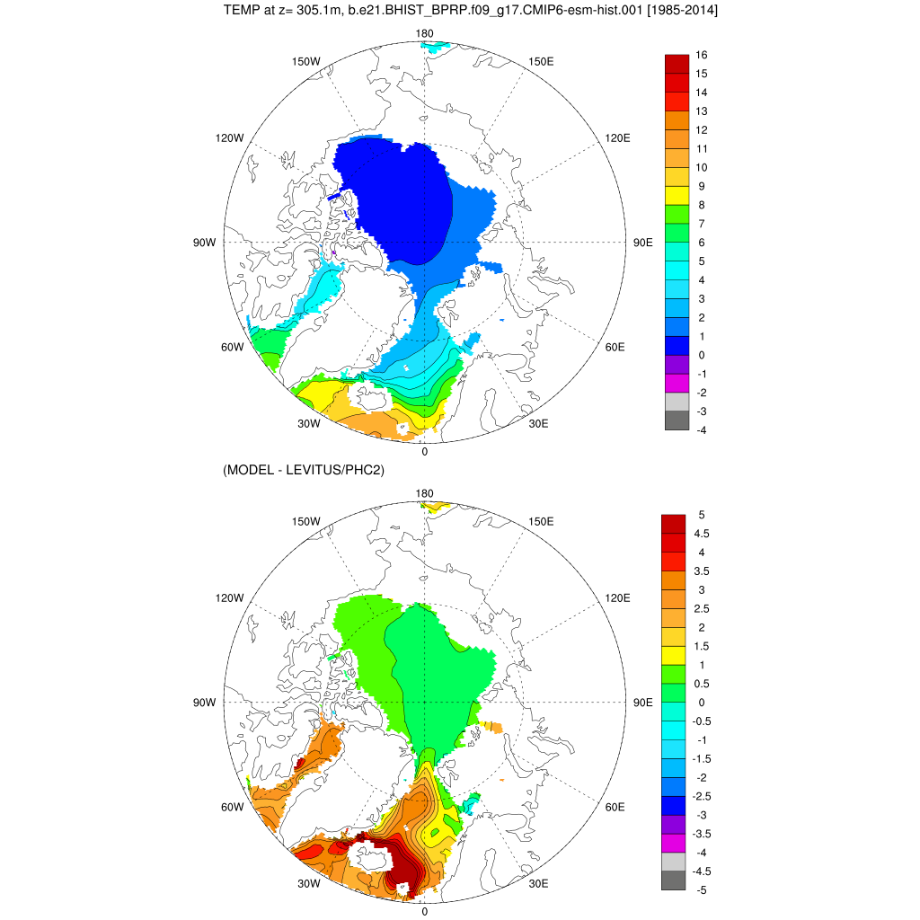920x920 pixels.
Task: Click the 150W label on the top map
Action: click(306, 61)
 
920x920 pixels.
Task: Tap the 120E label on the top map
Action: click(618, 137)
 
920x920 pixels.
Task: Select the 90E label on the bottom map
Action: click(643, 703)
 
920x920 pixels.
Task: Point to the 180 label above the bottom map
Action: click(425, 493)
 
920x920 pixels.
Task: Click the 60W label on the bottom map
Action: click(232, 807)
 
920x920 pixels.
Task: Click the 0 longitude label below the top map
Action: click(424, 452)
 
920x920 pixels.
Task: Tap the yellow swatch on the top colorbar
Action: click(677, 195)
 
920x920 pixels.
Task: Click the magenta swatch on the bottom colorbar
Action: click(673, 843)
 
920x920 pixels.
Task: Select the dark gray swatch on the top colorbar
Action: click(677, 420)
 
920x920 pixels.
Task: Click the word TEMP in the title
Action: click(240, 11)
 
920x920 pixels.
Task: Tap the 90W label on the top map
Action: click(204, 243)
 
